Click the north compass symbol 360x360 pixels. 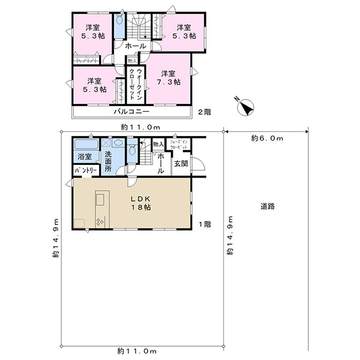click(x=245, y=107)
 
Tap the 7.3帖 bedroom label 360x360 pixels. click(x=169, y=78)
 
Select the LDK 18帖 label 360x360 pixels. click(x=141, y=203)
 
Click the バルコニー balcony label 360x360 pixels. click(x=132, y=112)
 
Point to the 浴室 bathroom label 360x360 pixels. click(x=85, y=157)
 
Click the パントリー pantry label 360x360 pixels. click(x=86, y=170)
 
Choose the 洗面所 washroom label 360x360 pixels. click(x=108, y=161)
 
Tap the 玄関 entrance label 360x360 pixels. click(x=181, y=164)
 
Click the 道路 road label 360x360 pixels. click(x=268, y=206)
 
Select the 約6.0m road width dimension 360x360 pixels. click(x=267, y=139)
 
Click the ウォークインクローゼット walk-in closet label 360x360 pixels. click(x=136, y=84)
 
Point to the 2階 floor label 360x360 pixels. click(x=205, y=112)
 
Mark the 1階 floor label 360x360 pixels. click(x=205, y=224)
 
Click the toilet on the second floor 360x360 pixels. click(x=119, y=19)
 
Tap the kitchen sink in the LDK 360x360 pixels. click(x=100, y=199)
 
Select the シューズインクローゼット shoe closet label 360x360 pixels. click(x=179, y=145)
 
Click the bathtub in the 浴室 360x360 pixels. click(x=86, y=144)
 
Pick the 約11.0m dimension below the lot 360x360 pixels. click(x=137, y=351)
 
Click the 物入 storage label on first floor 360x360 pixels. click(x=158, y=144)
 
